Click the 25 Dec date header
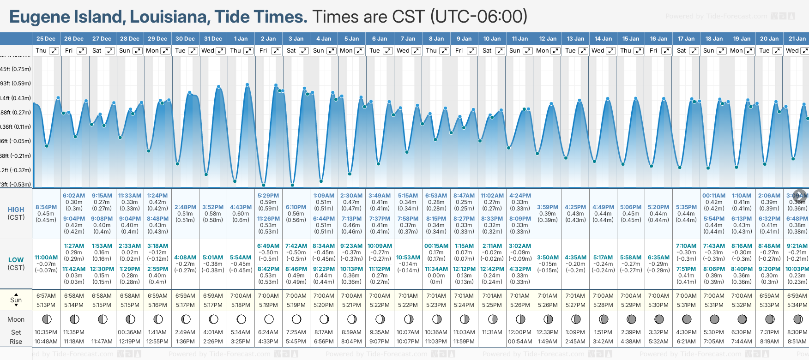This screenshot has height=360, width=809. click(x=46, y=39)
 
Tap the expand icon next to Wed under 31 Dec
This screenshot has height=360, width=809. click(x=220, y=51)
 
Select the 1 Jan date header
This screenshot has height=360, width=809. click(x=241, y=39)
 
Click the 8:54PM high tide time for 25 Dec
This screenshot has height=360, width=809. click(x=46, y=207)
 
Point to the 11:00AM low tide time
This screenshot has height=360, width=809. click(x=46, y=258)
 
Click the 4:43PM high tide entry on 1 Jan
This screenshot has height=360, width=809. click(x=241, y=207)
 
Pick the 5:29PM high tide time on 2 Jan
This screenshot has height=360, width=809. click(x=268, y=196)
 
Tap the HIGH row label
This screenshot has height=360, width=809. click(x=16, y=210)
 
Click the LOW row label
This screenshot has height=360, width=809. click(x=16, y=260)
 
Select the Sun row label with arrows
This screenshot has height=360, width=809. click(x=16, y=300)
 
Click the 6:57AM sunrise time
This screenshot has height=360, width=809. click(x=46, y=296)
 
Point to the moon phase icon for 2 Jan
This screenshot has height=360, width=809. click(x=269, y=319)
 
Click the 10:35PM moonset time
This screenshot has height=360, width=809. click(x=46, y=332)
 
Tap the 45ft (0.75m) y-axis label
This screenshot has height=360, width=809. click(x=16, y=69)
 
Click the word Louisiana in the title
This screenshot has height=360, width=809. click(x=169, y=17)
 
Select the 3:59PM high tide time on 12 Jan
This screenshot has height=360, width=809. click(x=548, y=207)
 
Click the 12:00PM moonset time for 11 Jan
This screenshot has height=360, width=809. click(x=520, y=332)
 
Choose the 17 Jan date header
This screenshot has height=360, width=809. click(x=686, y=39)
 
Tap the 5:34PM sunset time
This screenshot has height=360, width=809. click(x=797, y=305)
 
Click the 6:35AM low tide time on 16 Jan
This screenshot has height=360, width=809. click(x=658, y=258)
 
